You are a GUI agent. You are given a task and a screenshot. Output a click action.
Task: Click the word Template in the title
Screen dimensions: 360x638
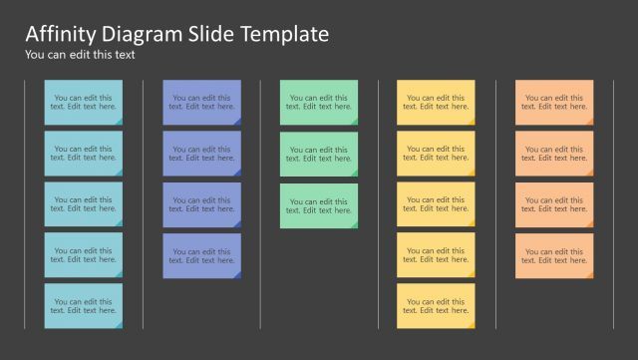[285, 34]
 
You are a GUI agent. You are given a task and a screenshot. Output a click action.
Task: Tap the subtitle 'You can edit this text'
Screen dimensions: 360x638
[80, 55]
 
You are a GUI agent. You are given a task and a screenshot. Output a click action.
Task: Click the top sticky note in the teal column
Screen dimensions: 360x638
[84, 102]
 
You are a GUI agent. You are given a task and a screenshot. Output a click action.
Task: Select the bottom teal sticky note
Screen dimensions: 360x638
[84, 305]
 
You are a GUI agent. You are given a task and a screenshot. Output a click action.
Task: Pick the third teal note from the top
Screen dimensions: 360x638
[84, 203]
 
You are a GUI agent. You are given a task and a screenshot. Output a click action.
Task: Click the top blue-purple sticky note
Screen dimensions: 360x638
[201, 102]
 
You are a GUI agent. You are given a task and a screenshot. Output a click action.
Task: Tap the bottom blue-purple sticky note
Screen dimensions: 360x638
[201, 255]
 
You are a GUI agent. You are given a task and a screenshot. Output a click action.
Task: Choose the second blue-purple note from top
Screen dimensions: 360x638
[201, 153]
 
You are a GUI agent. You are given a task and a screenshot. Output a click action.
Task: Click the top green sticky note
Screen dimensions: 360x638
[319, 102]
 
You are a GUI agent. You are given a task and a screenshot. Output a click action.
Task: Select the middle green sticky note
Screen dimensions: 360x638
[319, 154]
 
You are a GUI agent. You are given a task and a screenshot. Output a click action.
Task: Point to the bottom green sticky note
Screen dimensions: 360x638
[319, 204]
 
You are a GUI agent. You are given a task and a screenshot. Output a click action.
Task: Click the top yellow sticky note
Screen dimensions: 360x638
[436, 102]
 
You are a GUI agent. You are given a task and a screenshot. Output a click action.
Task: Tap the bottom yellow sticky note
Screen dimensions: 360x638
[436, 305]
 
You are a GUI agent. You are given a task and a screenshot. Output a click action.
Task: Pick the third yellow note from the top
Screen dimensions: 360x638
[436, 203]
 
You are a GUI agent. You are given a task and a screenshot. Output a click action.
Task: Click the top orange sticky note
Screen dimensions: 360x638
[554, 102]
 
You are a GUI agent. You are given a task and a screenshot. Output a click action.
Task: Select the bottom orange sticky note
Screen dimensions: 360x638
[554, 255]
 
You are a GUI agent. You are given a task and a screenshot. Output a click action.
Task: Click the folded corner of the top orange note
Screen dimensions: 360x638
[589, 121]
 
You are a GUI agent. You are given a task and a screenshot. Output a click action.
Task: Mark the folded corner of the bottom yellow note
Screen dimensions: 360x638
[471, 324]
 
